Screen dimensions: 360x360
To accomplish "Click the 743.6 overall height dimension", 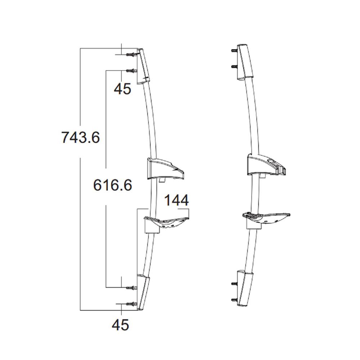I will pyautogui.click(x=80, y=138).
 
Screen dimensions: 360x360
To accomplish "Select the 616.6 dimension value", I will pyautogui.click(x=112, y=185).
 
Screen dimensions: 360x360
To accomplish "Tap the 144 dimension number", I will pyautogui.click(x=176, y=201).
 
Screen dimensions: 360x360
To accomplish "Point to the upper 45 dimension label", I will pyautogui.click(x=122, y=89).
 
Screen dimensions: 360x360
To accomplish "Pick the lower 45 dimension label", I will pyautogui.click(x=120, y=325).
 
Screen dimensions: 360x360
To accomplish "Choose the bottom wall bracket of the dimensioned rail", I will pyautogui.click(x=143, y=291).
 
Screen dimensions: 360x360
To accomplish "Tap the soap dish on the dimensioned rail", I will pyautogui.click(x=166, y=221).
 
